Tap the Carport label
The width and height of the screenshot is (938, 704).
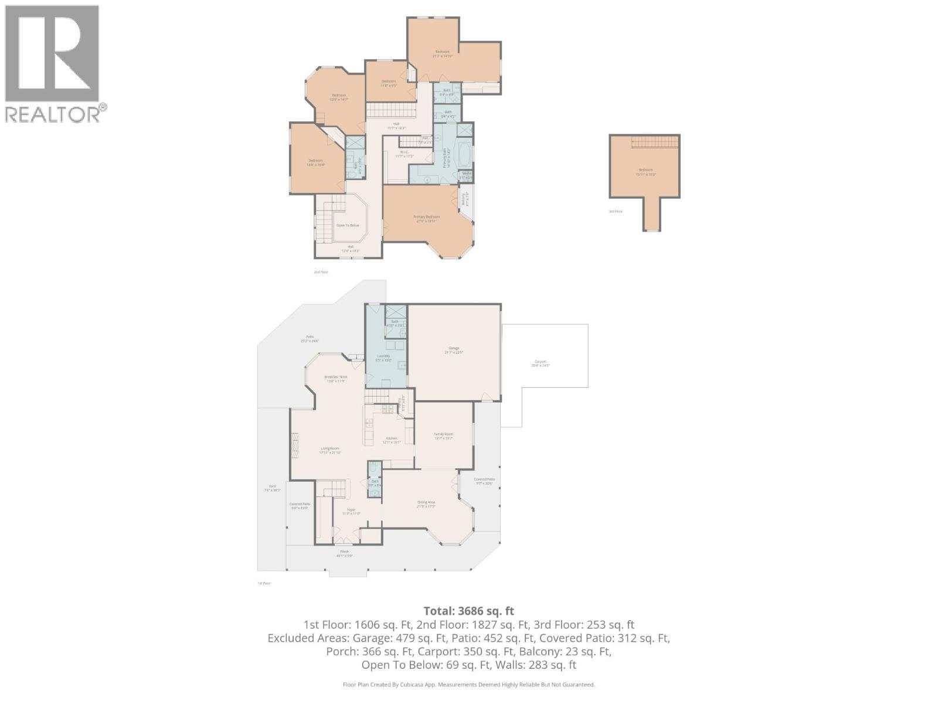pyautogui.click(x=540, y=362)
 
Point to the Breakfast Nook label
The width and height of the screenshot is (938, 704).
pyautogui.click(x=336, y=377)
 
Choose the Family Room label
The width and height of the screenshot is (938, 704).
pyautogui.click(x=443, y=434)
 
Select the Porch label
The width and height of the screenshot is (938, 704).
pyautogui.click(x=345, y=551)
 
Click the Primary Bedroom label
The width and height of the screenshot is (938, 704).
pyautogui.click(x=426, y=216)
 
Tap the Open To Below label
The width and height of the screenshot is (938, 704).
pyautogui.click(x=347, y=225)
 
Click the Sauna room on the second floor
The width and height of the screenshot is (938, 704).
pyautogui.click(x=467, y=174)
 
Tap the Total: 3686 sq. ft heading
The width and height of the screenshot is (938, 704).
pyautogui.click(x=469, y=611)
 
